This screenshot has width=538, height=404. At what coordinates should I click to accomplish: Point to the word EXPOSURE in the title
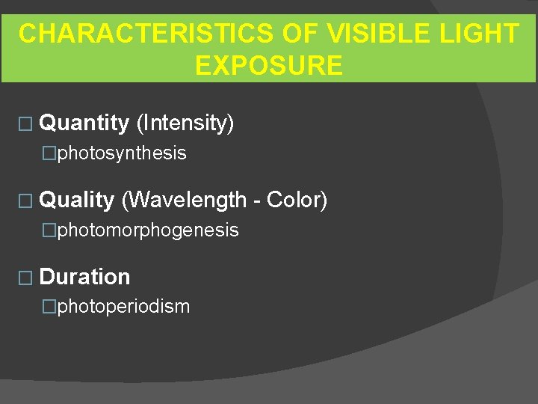pyautogui.click(x=268, y=65)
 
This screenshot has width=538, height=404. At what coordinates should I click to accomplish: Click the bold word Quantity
pyautogui.click(x=84, y=123)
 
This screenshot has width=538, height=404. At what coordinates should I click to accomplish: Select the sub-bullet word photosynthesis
pyautogui.click(x=122, y=153)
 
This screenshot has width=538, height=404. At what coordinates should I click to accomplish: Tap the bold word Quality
pyautogui.click(x=76, y=200)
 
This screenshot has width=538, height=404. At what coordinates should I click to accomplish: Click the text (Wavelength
pyautogui.click(x=183, y=200)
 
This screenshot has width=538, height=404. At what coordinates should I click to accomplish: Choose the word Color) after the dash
pyautogui.click(x=297, y=200)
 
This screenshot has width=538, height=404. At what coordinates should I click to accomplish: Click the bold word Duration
pyautogui.click(x=84, y=277)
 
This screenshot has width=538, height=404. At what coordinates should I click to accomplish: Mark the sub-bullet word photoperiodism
pyautogui.click(x=123, y=307)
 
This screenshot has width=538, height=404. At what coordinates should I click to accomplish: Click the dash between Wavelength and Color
pyautogui.click(x=256, y=201)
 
